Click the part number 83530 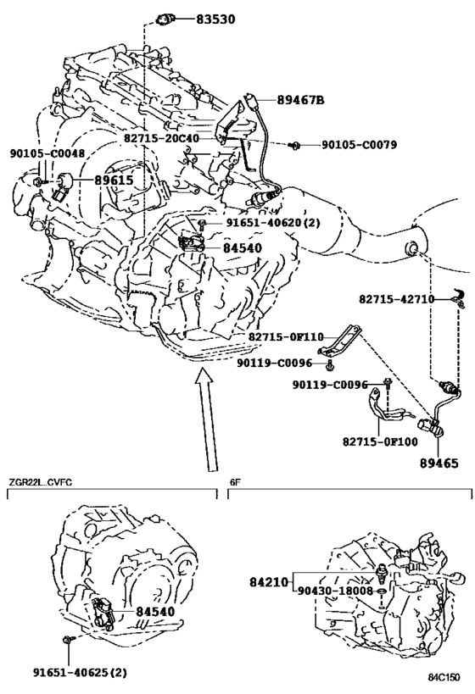[215, 19]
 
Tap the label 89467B [300, 101]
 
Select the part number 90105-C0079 [359, 145]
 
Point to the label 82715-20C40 [161, 138]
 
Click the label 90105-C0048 [47, 153]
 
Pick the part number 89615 [114, 180]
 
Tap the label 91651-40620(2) [273, 223]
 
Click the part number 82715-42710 [397, 299]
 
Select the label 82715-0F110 [286, 336]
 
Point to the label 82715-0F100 [380, 441]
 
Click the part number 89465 [439, 464]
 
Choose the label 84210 [269, 582]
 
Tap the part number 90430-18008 [335, 591]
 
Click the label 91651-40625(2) [80, 672]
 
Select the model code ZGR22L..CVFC [40, 482]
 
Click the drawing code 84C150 [444, 678]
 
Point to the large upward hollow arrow [206, 419]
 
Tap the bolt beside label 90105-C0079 [293, 144]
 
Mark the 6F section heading [235, 482]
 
